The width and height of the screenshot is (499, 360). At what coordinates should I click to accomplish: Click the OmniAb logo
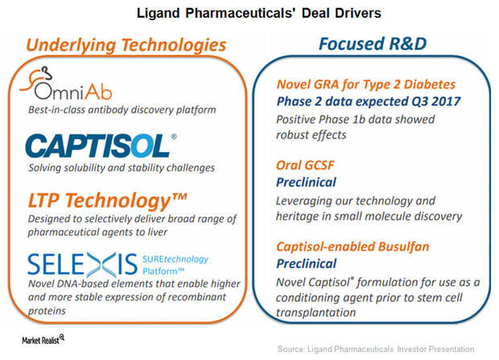tap(66, 84)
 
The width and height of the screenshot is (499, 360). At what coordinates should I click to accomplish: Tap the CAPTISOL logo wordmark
tap(97, 146)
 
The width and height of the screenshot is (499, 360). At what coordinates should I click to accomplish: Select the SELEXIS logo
tap(82, 265)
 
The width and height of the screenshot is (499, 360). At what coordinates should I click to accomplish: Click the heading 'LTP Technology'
tap(107, 201)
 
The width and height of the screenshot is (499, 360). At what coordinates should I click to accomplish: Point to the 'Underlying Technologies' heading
tap(126, 45)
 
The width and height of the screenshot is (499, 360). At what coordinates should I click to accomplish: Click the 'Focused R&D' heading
tap(373, 43)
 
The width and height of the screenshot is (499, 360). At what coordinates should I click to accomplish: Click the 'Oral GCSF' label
tap(305, 165)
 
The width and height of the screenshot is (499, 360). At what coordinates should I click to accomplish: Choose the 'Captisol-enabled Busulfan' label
tap(353, 246)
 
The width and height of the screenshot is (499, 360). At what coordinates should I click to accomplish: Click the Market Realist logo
tap(43, 339)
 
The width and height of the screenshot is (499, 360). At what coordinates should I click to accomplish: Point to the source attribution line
tap(376, 350)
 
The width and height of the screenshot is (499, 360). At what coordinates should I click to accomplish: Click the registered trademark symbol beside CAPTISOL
tap(174, 137)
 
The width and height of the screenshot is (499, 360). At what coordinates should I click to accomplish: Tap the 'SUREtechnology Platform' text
tap(175, 265)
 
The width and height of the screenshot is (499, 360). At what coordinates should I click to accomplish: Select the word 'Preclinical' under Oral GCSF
tap(306, 182)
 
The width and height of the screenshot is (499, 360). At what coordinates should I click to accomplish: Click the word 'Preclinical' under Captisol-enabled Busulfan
tap(306, 264)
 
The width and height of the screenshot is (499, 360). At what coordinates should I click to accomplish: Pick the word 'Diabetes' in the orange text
tap(430, 85)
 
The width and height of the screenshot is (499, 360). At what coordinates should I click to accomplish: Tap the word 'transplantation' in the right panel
tap(315, 312)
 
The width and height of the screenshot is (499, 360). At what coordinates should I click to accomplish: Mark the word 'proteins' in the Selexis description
tap(47, 311)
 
